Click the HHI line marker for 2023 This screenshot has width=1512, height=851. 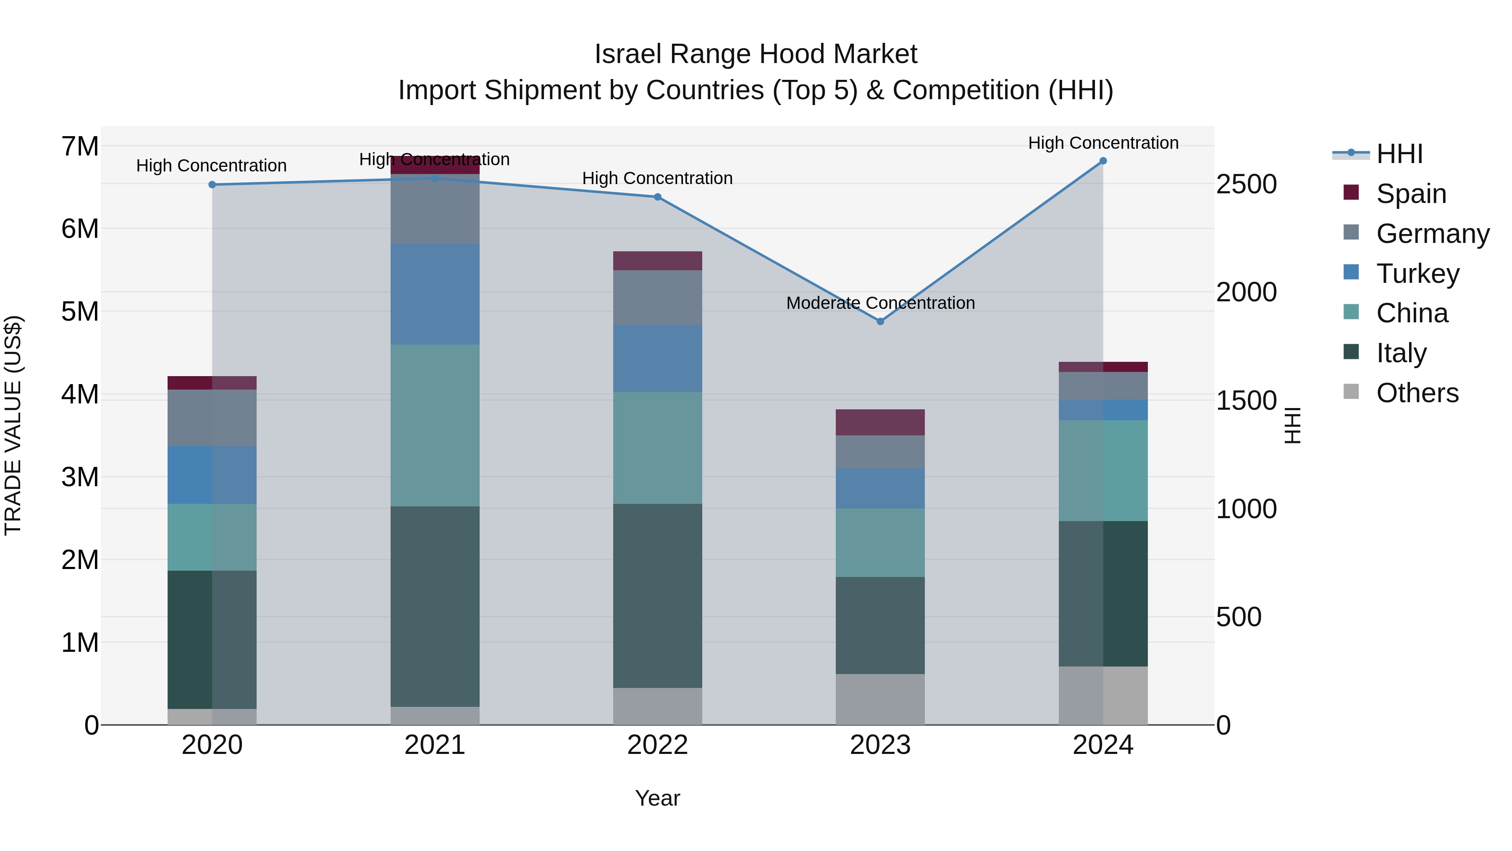[880, 321]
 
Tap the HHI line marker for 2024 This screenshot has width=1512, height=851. [1103, 161]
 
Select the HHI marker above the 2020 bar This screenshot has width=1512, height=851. [213, 184]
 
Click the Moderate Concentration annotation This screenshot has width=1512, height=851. [880, 303]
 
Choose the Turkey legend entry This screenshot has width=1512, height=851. [1417, 274]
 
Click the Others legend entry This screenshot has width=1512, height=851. [1417, 393]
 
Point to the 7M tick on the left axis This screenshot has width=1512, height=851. [80, 146]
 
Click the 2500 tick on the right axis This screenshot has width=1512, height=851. [1246, 184]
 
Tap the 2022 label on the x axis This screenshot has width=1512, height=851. [657, 745]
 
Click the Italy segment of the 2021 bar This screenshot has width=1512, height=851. [435, 606]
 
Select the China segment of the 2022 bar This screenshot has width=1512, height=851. [657, 448]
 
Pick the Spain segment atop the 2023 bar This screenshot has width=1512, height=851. [880, 422]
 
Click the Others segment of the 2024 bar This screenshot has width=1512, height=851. [1103, 696]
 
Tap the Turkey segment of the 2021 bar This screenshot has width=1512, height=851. [435, 294]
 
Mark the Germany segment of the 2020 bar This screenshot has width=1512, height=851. [213, 418]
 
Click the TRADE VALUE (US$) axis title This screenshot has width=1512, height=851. [13, 425]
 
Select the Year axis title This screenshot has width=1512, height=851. [657, 798]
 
